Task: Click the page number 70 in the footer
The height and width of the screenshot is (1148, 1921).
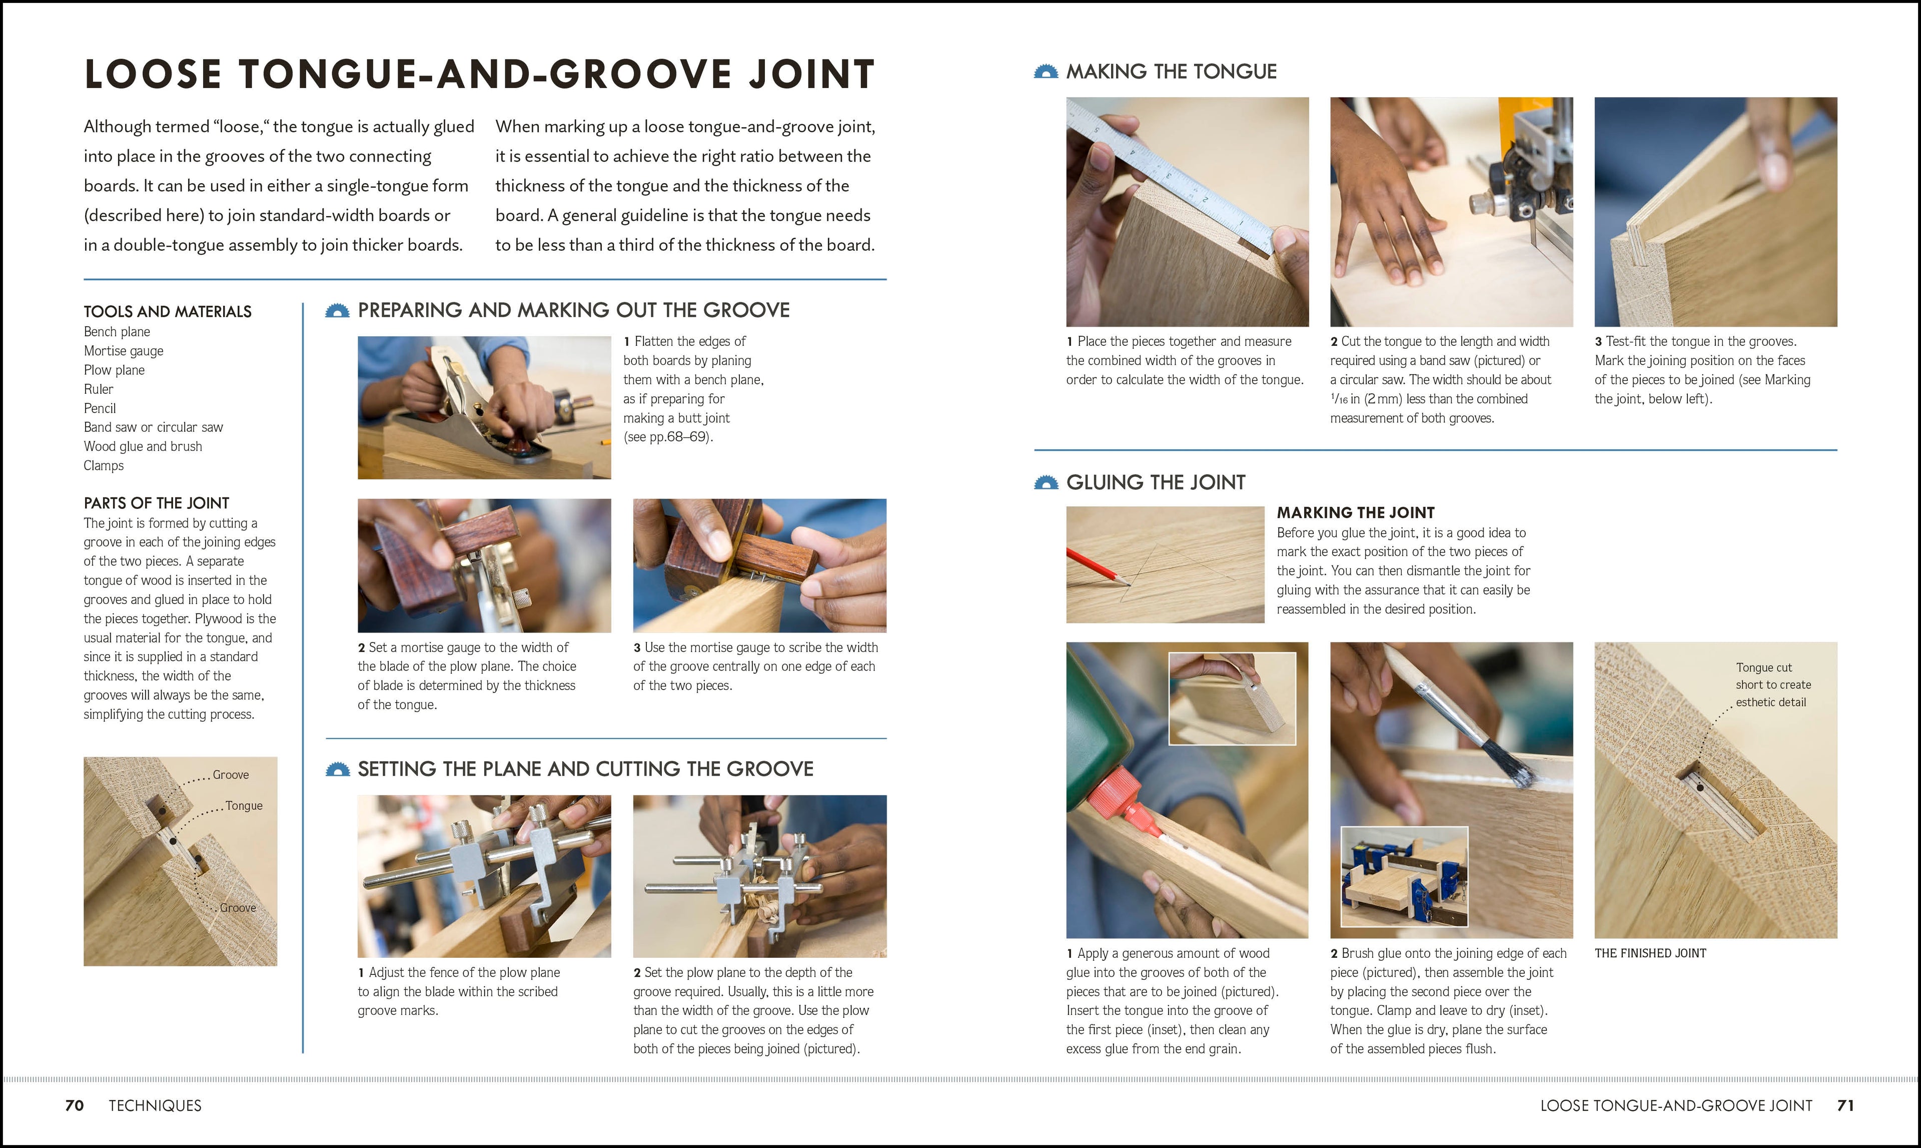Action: [74, 1105]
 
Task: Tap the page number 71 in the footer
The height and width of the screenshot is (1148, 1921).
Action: [1845, 1105]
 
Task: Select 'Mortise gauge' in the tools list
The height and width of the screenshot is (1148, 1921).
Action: [123, 350]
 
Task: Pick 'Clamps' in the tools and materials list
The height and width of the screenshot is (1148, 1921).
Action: [104, 466]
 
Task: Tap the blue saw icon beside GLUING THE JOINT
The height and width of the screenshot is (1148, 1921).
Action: [1046, 483]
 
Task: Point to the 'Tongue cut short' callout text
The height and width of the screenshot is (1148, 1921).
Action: [1772, 685]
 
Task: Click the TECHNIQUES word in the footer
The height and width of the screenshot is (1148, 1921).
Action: [155, 1105]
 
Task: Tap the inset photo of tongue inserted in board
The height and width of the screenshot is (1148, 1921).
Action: [1231, 699]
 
